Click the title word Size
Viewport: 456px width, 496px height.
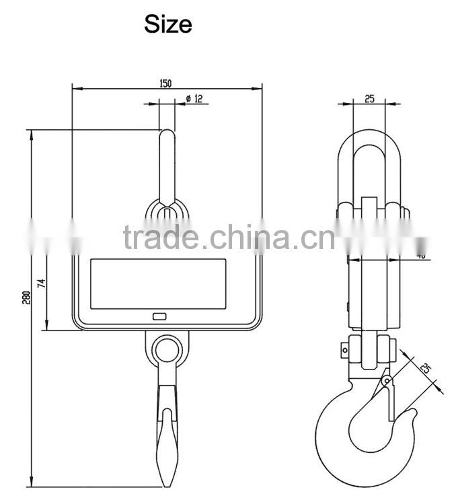pyautogui.click(x=167, y=25)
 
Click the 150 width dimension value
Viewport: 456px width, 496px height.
pyautogui.click(x=165, y=83)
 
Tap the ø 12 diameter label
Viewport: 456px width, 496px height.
pyautogui.click(x=194, y=99)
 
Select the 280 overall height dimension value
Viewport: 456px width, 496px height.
pyautogui.click(x=26, y=297)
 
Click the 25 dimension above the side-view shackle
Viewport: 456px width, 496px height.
pyautogui.click(x=369, y=99)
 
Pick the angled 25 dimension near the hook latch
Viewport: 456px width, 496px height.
pyautogui.click(x=425, y=368)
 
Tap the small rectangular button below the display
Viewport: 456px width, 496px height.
pyautogui.click(x=159, y=316)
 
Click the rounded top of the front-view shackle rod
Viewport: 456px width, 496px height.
pyautogui.click(x=167, y=134)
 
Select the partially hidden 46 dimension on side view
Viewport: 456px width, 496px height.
pyautogui.click(x=421, y=255)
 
